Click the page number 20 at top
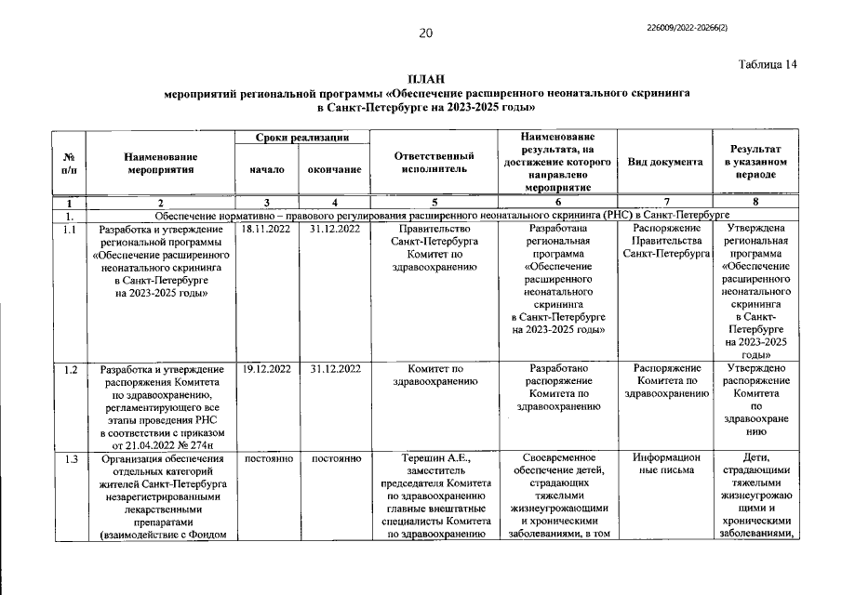pyautogui.click(x=425, y=33)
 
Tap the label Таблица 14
pyautogui.click(x=768, y=64)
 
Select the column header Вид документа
pyautogui.click(x=665, y=162)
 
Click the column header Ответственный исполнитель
pyautogui.click(x=428, y=162)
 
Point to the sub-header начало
pyautogui.click(x=266, y=170)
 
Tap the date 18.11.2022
pyautogui.click(x=266, y=228)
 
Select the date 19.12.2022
pyautogui.click(x=266, y=369)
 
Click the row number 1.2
pyautogui.click(x=70, y=369)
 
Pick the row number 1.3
pyautogui.click(x=70, y=458)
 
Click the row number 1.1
pyautogui.click(x=70, y=228)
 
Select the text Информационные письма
pyautogui.click(x=665, y=464)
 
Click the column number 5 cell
pyautogui.click(x=428, y=202)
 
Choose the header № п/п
pyautogui.click(x=70, y=163)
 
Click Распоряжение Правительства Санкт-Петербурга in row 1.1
pyautogui.click(x=665, y=240)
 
